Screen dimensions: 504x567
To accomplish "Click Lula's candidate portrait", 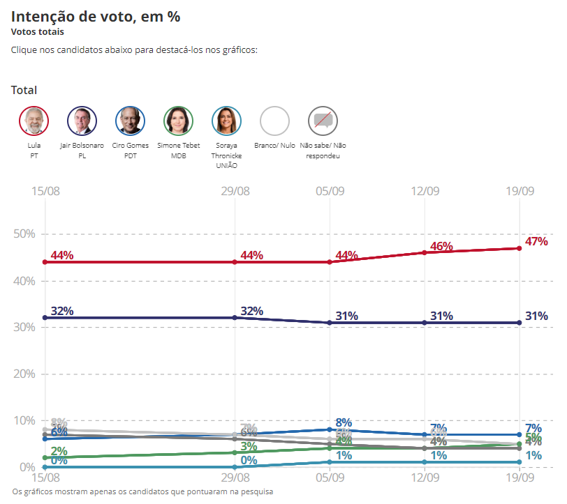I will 34,121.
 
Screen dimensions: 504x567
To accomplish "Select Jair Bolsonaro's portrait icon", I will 82,121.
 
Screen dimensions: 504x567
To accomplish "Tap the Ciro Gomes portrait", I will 130,121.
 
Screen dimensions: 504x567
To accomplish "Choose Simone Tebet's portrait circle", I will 178,121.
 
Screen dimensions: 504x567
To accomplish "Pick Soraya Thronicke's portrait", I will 226,121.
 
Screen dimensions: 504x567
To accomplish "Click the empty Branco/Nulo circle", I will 274,121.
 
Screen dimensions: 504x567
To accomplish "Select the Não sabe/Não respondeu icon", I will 323,121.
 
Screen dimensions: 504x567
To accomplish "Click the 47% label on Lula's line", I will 536,242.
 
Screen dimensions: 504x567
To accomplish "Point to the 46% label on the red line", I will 441,247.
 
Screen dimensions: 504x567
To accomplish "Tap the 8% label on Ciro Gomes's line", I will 344,422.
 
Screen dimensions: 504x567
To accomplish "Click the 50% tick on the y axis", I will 24,234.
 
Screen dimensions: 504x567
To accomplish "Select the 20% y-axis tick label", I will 24,374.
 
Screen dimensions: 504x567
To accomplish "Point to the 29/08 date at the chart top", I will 235,191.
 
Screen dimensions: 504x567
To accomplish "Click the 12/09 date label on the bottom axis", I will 425,480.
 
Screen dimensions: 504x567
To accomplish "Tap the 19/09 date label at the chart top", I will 519,191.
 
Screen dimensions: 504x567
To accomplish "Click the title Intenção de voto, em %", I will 96,17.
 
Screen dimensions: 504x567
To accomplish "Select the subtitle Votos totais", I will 37,32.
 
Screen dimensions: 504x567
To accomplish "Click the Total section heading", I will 24,90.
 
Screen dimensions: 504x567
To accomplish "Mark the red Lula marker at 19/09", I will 519,248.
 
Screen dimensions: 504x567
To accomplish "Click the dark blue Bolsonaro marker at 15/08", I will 45,318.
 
